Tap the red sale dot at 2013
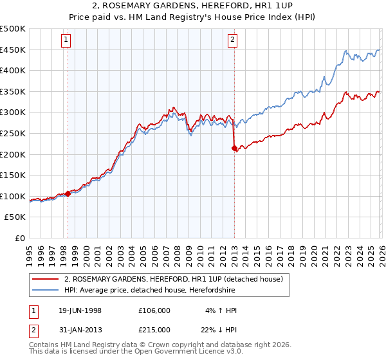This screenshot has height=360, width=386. (x=234, y=148)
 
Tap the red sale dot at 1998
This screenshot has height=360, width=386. (x=68, y=194)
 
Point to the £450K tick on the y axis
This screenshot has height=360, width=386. (x=13, y=50)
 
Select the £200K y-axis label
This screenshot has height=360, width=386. (x=13, y=154)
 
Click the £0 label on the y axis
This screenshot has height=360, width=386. (x=19, y=238)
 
